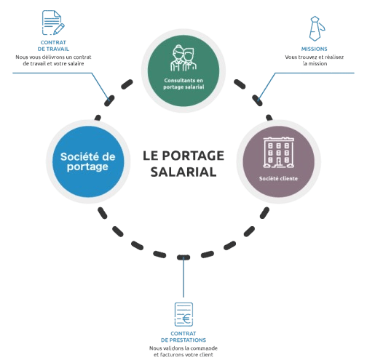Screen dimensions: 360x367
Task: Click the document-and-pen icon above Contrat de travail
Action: coord(52,23)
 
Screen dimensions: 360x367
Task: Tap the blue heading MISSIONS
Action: coord(315,49)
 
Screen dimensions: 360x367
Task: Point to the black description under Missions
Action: coord(315,60)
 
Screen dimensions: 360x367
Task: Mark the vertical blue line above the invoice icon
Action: coord(183,276)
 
